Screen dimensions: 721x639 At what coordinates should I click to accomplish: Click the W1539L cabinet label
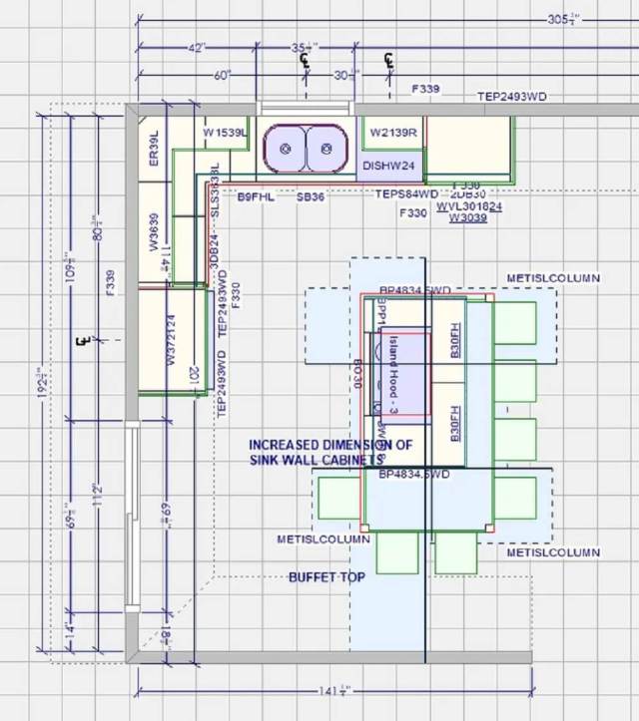(x=225, y=133)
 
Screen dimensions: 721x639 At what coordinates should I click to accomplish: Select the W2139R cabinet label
(x=392, y=133)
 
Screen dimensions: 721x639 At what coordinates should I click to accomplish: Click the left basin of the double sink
(x=286, y=149)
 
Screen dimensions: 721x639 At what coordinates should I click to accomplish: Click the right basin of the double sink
(x=325, y=149)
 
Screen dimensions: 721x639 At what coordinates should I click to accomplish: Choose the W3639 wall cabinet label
(x=155, y=231)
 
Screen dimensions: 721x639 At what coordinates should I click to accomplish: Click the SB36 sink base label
(x=311, y=197)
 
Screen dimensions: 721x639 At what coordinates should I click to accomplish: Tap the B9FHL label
(x=256, y=197)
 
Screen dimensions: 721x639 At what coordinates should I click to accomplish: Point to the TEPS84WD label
(x=406, y=194)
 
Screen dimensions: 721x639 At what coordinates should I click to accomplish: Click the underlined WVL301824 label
(x=469, y=206)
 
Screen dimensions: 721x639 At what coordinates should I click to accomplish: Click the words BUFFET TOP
(x=326, y=577)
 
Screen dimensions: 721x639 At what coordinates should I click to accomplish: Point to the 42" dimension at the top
(x=195, y=48)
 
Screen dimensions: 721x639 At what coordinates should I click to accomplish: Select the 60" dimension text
(x=222, y=76)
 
